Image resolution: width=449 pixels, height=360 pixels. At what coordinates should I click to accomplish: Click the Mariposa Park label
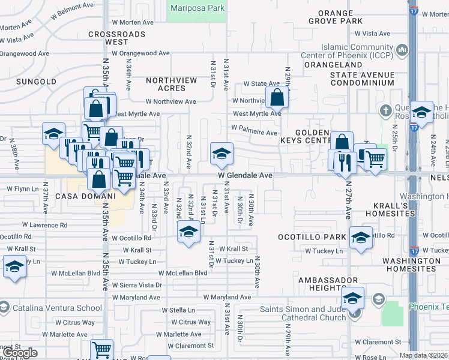click(x=196, y=8)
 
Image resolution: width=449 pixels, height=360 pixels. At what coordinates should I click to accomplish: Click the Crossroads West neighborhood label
click(x=116, y=38)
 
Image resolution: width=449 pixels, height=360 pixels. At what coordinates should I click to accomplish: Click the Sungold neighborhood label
click(x=36, y=80)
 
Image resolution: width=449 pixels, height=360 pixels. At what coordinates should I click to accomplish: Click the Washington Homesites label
click(x=411, y=265)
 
